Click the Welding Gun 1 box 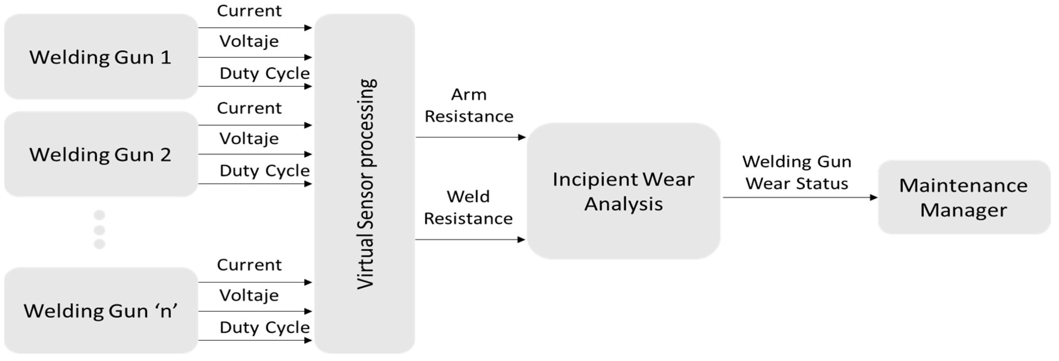click(x=101, y=57)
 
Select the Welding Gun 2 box click(x=101, y=154)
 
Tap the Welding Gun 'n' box click(x=101, y=310)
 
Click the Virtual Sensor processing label click(x=365, y=184)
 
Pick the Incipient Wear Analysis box click(x=623, y=191)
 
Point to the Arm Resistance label click(x=469, y=105)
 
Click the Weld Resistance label click(x=468, y=207)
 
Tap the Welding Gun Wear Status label click(x=797, y=172)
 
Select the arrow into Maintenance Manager click(x=800, y=198)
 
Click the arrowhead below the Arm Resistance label click(x=521, y=137)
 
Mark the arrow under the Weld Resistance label click(x=470, y=240)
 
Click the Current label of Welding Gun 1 click(x=249, y=11)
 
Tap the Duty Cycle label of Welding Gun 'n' click(x=264, y=328)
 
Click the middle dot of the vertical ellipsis click(x=99, y=230)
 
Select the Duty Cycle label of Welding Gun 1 click(x=264, y=73)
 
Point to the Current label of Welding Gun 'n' click(x=249, y=265)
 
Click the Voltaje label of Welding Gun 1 click(x=249, y=41)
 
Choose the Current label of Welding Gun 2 click(x=249, y=108)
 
